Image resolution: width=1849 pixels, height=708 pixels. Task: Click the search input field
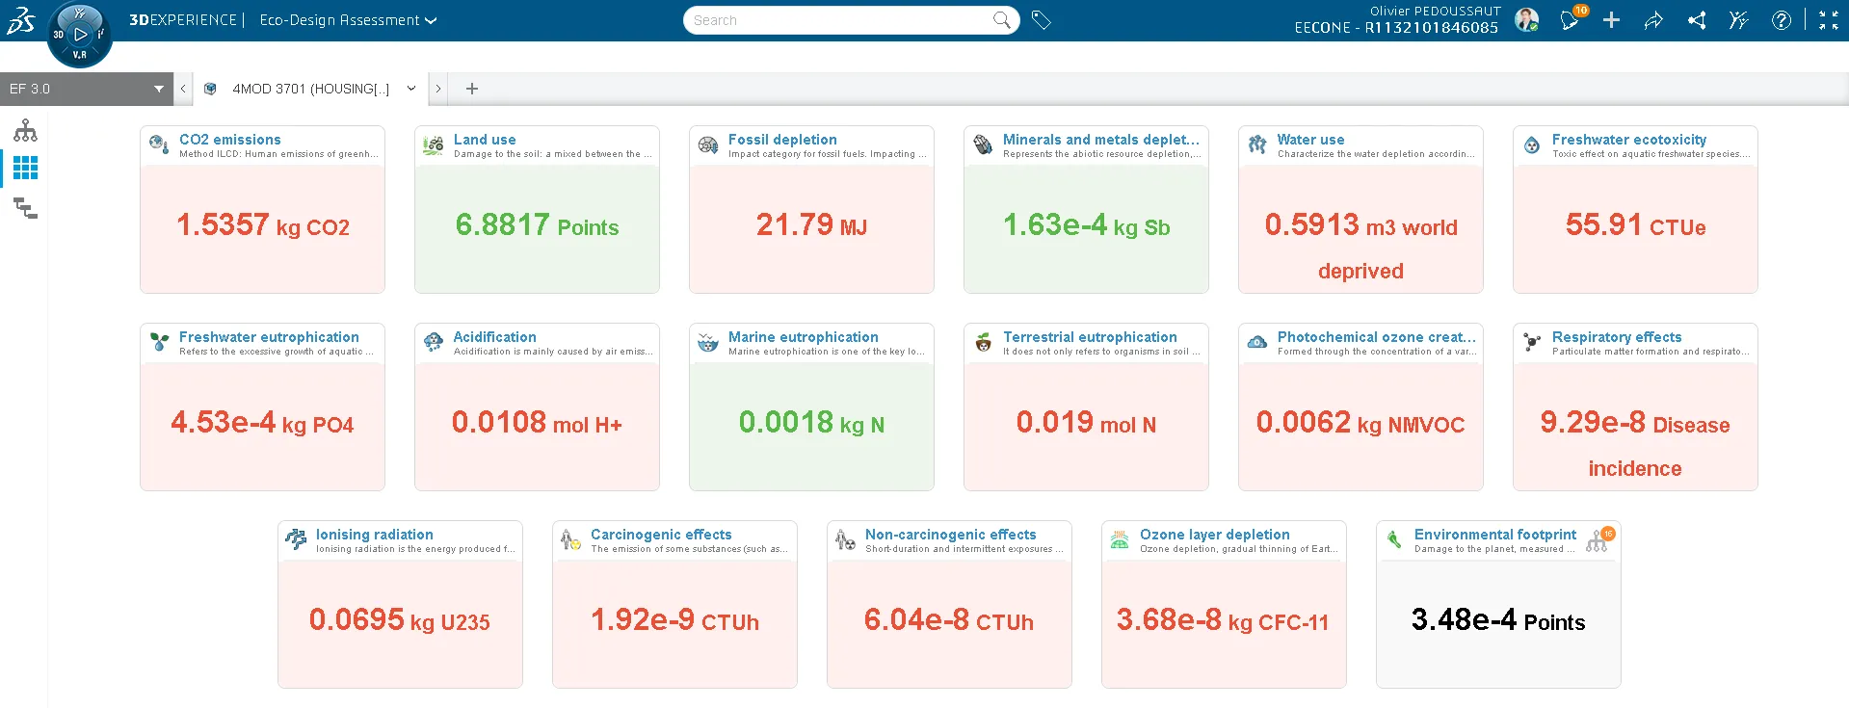(x=838, y=20)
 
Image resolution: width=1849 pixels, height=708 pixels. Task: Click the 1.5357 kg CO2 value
(x=262, y=225)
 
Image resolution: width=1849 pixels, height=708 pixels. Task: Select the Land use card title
(x=485, y=140)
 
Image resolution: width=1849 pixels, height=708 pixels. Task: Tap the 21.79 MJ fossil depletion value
(x=811, y=225)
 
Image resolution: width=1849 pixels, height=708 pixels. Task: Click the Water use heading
(x=1310, y=140)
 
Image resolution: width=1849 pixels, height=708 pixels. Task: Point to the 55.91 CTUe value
(x=1635, y=225)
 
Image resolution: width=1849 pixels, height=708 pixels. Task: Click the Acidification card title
(x=494, y=337)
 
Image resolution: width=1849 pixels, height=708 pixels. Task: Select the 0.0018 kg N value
(x=811, y=423)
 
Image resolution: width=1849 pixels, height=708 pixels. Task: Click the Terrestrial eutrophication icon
(x=983, y=342)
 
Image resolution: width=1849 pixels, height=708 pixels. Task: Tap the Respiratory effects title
(x=1616, y=337)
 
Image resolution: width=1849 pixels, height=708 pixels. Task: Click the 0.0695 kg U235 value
(x=399, y=620)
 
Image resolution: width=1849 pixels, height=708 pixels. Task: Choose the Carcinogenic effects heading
(x=661, y=535)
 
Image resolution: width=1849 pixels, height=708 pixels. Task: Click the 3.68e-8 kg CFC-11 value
(x=1222, y=620)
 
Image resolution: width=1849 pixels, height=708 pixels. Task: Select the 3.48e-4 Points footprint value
(x=1497, y=620)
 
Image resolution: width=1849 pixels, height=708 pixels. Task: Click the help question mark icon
(x=1781, y=20)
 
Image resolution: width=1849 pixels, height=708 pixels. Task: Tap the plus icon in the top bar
(x=1611, y=20)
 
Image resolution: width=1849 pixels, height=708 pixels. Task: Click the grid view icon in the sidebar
(x=25, y=169)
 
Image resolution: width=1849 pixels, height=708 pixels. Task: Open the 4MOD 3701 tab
(x=310, y=89)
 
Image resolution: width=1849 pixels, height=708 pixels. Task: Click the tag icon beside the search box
(x=1041, y=20)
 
